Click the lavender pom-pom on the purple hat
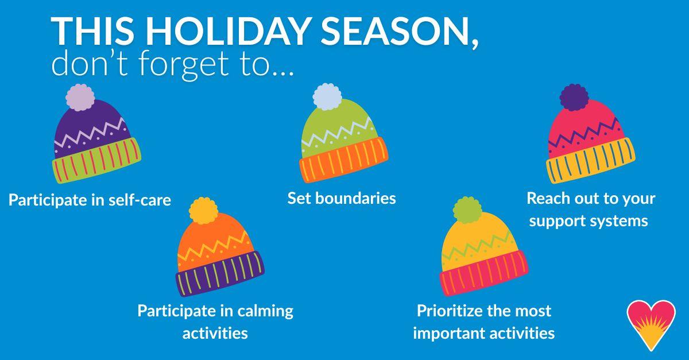[80, 97]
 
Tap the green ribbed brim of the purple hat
[96, 160]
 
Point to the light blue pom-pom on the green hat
[327, 96]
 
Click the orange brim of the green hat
[343, 160]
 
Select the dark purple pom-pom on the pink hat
[574, 97]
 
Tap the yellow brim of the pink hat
[591, 161]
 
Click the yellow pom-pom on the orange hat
[204, 211]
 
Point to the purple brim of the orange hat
[220, 274]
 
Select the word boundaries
[355, 198]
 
